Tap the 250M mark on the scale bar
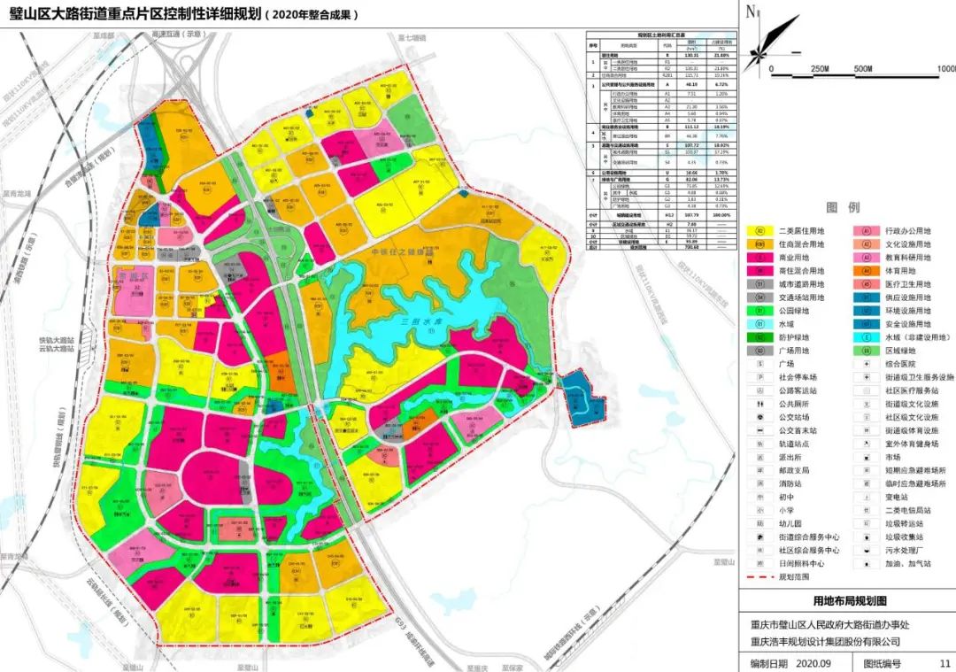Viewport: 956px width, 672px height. click(x=819, y=69)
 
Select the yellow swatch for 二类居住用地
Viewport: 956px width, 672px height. click(x=759, y=231)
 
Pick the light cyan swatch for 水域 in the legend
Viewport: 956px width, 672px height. click(x=759, y=324)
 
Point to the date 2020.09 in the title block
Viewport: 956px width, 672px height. click(x=814, y=662)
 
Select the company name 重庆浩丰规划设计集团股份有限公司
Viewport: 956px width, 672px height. click(x=824, y=642)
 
